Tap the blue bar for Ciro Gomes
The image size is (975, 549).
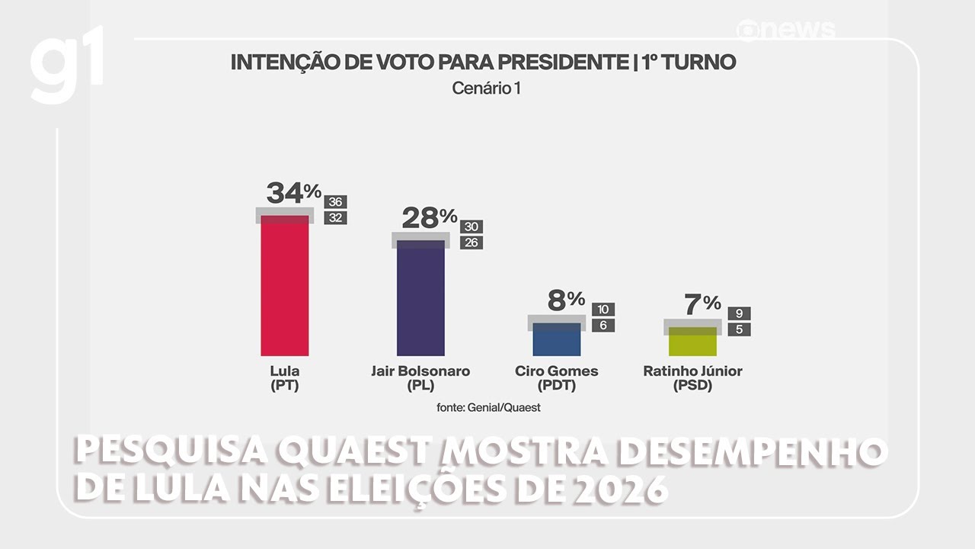click(557, 340)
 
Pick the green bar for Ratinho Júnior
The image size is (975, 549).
click(692, 342)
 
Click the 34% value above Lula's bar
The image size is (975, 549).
click(293, 193)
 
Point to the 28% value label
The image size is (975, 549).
click(429, 218)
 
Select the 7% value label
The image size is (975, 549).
click(701, 303)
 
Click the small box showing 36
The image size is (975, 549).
click(335, 202)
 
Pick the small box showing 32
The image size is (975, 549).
click(335, 218)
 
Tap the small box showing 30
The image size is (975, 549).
click(471, 226)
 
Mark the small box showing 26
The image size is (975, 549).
click(471, 243)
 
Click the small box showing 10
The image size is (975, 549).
click(603, 309)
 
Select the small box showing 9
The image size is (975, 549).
click(740, 313)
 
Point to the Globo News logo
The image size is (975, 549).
click(786, 30)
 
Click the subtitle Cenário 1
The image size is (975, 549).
click(486, 88)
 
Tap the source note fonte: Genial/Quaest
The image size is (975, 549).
click(488, 407)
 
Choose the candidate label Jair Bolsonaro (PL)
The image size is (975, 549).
click(420, 378)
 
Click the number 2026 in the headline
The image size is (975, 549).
click(616, 488)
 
